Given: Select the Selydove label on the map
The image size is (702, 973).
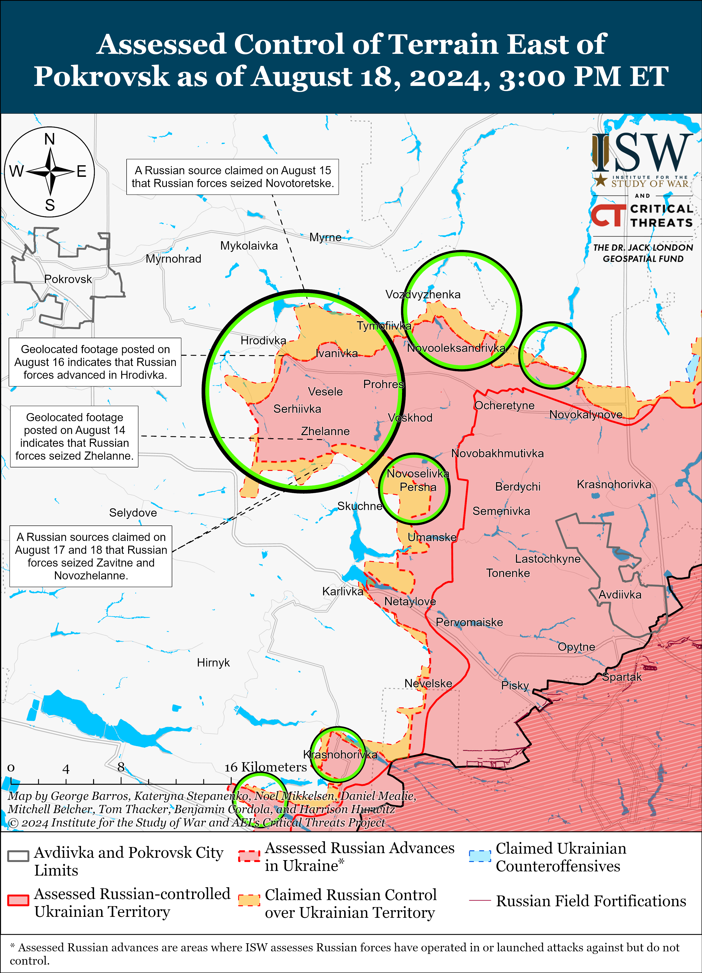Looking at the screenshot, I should pos(133,513).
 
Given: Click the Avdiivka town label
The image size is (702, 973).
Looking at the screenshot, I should pos(620,595).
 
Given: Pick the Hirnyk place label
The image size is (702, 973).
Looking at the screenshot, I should pos(213,662).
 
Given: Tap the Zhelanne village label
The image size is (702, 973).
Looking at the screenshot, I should pos(325,431).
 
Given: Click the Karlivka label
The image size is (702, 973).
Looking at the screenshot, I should pos(342,591).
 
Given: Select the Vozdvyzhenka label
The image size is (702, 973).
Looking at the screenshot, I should pos(423,294).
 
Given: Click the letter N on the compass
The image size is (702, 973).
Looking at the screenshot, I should pos(50,139).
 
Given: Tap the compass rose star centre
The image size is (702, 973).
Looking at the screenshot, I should pos(50,172).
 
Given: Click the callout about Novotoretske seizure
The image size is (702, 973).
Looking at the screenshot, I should pos(232,177).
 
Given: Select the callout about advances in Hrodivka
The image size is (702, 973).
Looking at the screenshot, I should pos(95,362).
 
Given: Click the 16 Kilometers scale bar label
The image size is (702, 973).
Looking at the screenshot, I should pos(266,767).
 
